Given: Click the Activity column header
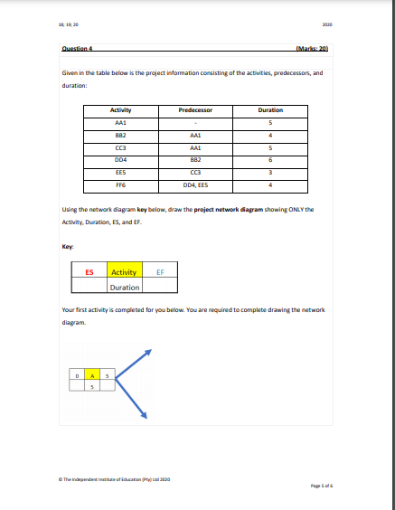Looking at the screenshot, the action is pyautogui.click(x=120, y=109).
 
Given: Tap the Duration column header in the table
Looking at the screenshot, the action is pyautogui.click(x=270, y=109).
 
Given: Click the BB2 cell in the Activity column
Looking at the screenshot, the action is pyautogui.click(x=120, y=135).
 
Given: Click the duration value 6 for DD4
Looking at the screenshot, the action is pyautogui.click(x=270, y=160).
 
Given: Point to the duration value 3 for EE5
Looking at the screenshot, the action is pyautogui.click(x=270, y=174).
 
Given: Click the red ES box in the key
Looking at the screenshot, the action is pyautogui.click(x=89, y=272).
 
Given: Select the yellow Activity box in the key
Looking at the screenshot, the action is pyautogui.click(x=123, y=272).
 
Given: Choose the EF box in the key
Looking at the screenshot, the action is pyautogui.click(x=159, y=272).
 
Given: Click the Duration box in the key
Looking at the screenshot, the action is pyautogui.click(x=124, y=287).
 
